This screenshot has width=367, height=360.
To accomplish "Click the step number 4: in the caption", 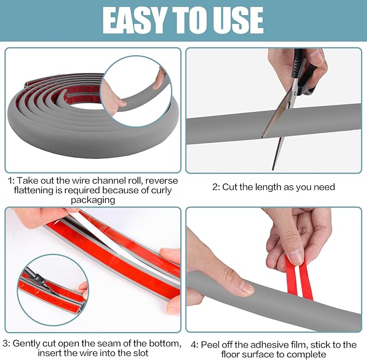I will (x=194, y=344).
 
